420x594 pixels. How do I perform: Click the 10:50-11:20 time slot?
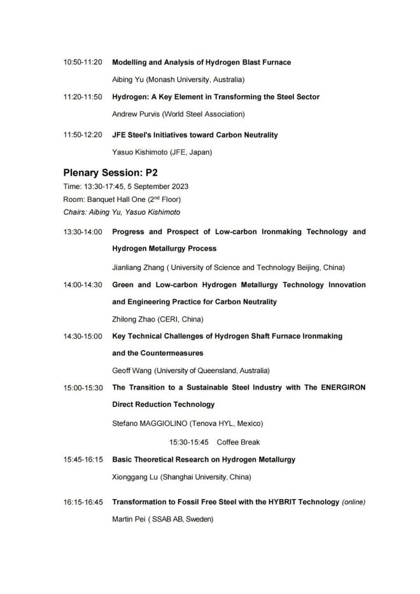(x=83, y=62)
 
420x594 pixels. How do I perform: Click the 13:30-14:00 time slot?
(x=83, y=232)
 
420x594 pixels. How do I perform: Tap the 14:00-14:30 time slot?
(x=83, y=285)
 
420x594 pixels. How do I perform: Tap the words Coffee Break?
(x=238, y=442)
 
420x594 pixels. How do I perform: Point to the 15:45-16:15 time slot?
(x=83, y=459)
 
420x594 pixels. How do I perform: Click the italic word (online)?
(x=354, y=502)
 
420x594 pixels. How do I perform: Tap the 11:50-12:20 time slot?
(x=83, y=135)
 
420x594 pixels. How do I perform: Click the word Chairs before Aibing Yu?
(x=74, y=212)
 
